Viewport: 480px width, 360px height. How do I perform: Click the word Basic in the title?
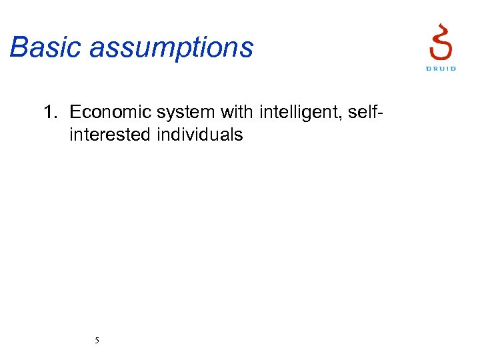coord(45,48)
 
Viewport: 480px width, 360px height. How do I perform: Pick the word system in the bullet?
coord(178,112)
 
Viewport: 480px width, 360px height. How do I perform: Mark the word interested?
coord(110,135)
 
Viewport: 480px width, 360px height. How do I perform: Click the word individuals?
coord(200,135)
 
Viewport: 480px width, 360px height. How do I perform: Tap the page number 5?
coord(97,341)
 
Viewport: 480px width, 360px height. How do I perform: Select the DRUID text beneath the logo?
coord(441,69)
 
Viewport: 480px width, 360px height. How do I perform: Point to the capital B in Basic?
coord(18,48)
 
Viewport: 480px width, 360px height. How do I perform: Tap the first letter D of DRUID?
coord(428,69)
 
